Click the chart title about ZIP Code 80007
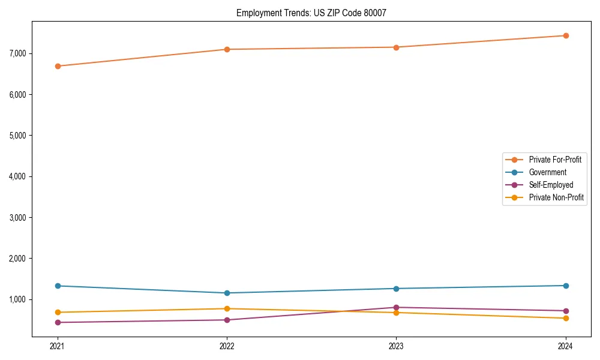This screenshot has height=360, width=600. point(316,13)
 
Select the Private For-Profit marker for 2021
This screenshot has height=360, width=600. point(58,66)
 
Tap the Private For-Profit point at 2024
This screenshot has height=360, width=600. point(565,35)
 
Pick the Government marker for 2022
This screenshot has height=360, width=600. point(227,293)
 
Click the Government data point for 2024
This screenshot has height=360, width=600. point(565,286)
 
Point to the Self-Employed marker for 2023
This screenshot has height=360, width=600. point(396,307)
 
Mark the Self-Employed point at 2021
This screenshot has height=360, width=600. point(58,322)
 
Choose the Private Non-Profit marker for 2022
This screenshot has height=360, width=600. point(227,308)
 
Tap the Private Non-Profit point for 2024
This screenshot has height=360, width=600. point(565,318)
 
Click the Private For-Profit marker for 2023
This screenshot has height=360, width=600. point(396,47)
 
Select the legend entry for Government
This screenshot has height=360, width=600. point(547,172)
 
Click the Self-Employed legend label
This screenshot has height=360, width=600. point(551,185)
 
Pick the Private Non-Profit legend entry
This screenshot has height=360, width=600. point(556,197)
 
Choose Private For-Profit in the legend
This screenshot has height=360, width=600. point(555,160)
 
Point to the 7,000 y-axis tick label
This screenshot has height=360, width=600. point(18,53)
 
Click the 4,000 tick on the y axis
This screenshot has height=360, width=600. point(18,176)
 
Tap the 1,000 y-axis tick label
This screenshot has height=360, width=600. point(18,299)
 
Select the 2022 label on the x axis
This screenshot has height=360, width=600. point(227,346)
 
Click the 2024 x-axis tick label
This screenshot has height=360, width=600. point(565,346)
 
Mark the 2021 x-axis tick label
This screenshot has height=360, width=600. point(58,346)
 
